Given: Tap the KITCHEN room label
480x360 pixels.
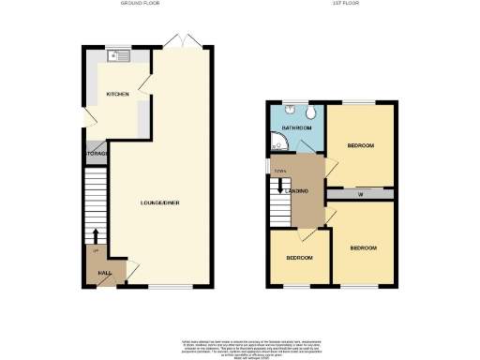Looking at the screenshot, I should (118, 94).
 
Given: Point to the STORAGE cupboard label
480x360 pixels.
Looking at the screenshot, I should (97, 153).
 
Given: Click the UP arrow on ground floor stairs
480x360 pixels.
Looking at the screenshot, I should (97, 235).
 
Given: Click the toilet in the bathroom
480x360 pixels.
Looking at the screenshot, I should (308, 112).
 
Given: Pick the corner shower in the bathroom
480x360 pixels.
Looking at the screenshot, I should (278, 142).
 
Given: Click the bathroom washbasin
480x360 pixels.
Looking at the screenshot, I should (291, 109).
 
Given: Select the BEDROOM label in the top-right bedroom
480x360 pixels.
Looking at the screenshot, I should (361, 146).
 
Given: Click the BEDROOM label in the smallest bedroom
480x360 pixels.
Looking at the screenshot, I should (298, 257).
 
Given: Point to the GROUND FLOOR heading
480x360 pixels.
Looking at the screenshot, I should (140, 5).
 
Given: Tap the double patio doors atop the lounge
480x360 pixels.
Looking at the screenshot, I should (176, 41).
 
